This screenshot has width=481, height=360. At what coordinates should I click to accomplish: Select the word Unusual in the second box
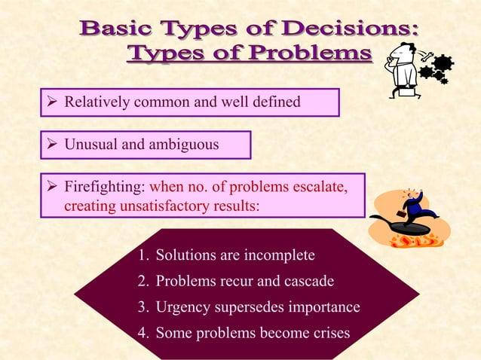[x=90, y=144]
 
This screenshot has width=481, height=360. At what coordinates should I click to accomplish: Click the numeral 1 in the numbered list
[x=142, y=255]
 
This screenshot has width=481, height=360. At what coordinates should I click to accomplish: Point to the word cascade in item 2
[x=308, y=282]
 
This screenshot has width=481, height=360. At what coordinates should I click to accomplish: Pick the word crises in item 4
[x=329, y=334]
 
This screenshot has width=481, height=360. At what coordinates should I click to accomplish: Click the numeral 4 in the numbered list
[x=142, y=334]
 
